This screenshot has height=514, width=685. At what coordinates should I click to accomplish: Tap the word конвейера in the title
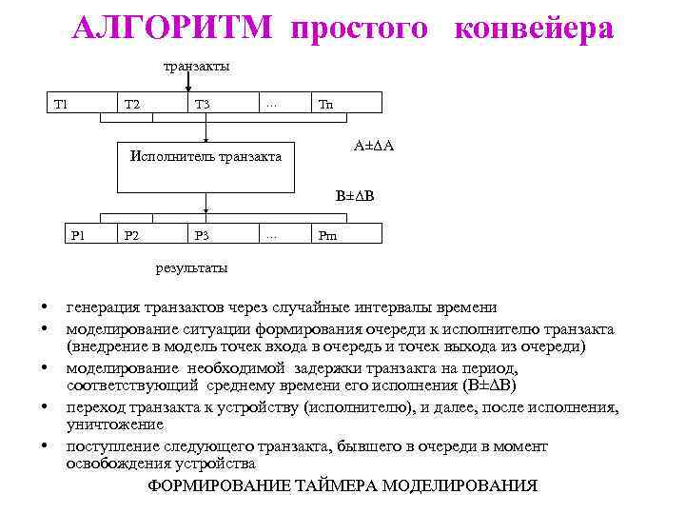coord(535,29)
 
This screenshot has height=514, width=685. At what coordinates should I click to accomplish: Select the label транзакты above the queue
coord(196,67)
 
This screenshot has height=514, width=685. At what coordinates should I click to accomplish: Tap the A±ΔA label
coord(374,146)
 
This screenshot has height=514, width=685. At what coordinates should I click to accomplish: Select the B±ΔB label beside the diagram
coord(354,196)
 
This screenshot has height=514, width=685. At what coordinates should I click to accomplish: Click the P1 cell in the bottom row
coord(78,234)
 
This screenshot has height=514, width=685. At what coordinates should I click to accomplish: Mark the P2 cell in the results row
coord(131,234)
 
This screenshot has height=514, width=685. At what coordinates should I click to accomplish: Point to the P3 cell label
coord(201,234)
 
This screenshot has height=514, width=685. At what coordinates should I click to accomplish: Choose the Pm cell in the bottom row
coord(327,234)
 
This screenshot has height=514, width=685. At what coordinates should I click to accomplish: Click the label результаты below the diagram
coord(191,268)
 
